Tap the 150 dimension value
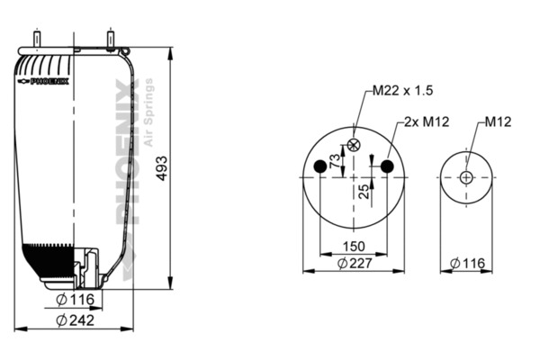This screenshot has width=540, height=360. (354, 246)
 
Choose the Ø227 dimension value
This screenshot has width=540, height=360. (355, 263)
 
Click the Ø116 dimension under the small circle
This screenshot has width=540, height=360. (466, 263)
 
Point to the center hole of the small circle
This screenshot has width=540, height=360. (465, 177)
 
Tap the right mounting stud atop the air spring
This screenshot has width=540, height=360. (110, 41)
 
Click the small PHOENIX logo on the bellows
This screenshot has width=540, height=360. (44, 81)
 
